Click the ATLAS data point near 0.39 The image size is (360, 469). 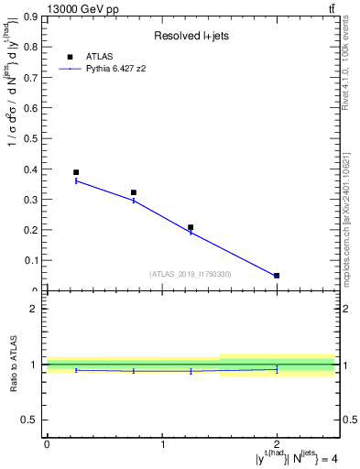click(76, 172)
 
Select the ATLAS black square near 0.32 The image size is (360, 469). click(134, 192)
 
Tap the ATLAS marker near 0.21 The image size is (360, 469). click(191, 227)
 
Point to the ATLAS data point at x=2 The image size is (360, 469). click(277, 275)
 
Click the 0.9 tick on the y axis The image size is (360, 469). click(33, 16)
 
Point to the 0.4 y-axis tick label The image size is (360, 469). click(33, 169)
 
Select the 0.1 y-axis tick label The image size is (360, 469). click(33, 261)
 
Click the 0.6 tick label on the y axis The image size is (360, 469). click(33, 108)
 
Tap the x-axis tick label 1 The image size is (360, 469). click(162, 444)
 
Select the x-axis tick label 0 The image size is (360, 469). click(47, 444)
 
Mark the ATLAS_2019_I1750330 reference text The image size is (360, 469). click(189, 273)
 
